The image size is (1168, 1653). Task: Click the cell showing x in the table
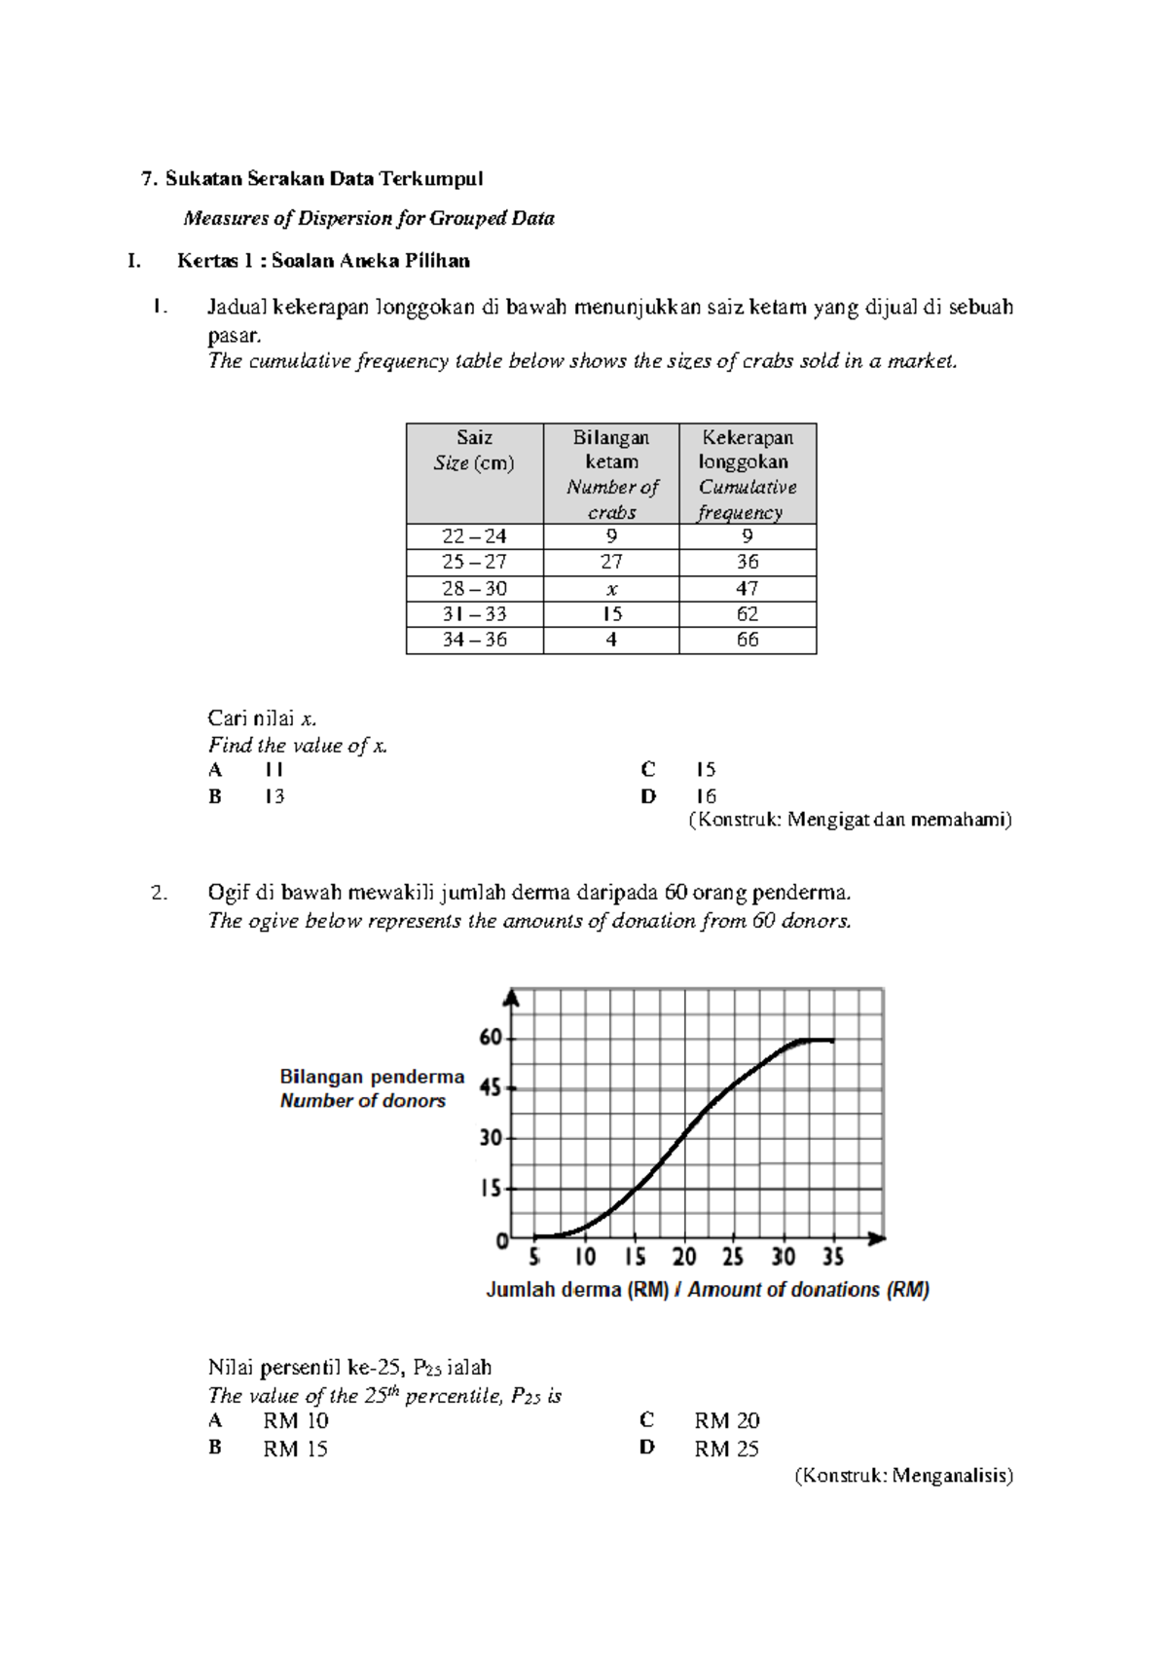tap(611, 589)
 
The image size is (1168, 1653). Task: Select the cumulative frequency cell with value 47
tap(748, 589)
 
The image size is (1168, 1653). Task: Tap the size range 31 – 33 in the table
tap(474, 614)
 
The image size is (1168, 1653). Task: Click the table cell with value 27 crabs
tap(611, 563)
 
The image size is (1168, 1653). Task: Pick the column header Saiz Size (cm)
tap(474, 451)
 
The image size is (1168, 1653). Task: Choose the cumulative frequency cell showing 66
tap(748, 641)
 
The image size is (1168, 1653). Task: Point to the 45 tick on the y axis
tap(492, 1088)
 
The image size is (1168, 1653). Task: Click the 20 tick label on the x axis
tap(684, 1258)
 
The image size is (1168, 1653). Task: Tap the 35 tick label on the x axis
tap(833, 1258)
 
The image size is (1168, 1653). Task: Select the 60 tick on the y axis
tap(492, 1038)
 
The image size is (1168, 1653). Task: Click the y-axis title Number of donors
tap(363, 1101)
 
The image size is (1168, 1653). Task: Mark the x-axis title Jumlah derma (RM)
tap(577, 1290)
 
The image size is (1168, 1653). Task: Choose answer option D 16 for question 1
tap(705, 796)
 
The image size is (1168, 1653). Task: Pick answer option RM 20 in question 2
tap(726, 1421)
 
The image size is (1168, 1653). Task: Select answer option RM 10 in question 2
tap(295, 1421)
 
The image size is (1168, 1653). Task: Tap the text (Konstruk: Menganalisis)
tap(904, 1476)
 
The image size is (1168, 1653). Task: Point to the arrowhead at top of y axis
tap(512, 999)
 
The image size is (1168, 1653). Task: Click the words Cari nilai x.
tap(262, 718)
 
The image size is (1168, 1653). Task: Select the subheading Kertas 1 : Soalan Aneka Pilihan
tap(323, 261)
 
